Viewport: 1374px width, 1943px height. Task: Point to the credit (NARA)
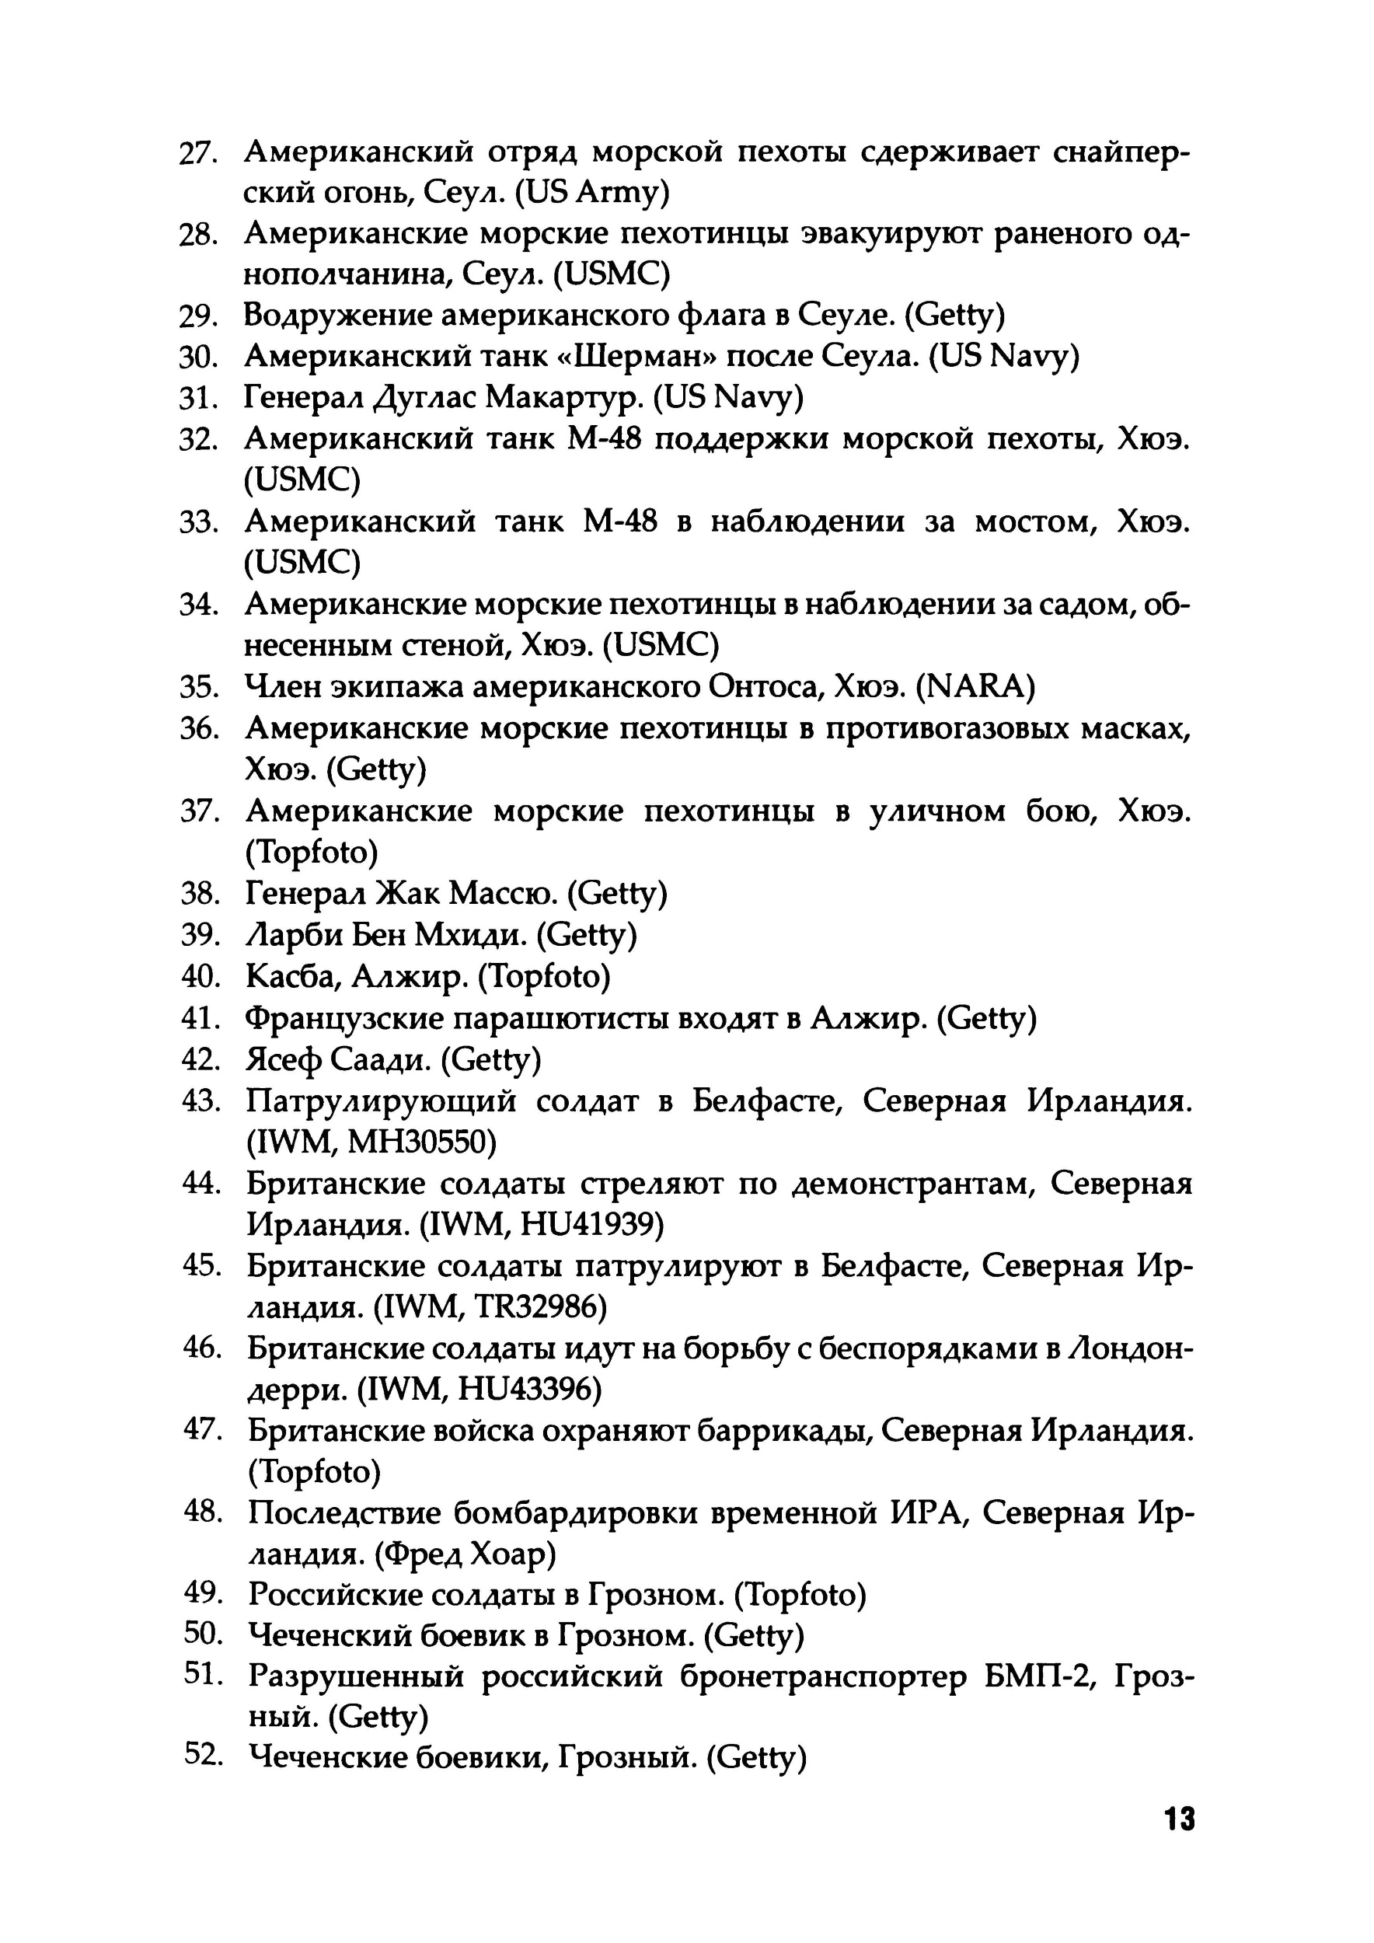[975, 686]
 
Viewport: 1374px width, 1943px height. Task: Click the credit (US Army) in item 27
[594, 194]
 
